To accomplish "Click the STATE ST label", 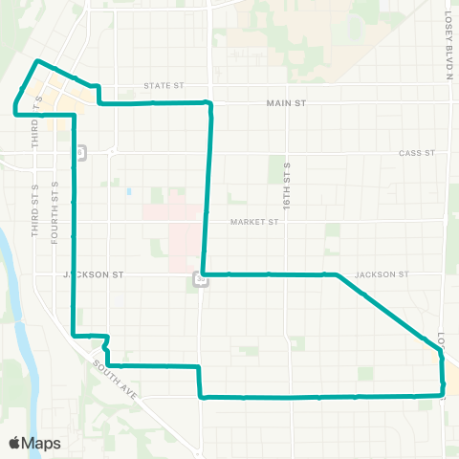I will [x=164, y=86].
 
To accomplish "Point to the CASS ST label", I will [x=417, y=153].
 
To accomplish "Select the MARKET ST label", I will [x=253, y=222].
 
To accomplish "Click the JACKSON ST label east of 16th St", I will [x=382, y=274].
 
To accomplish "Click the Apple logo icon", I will [x=16, y=443].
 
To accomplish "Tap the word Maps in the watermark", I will [x=43, y=444].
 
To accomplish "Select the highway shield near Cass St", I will [x=82, y=152].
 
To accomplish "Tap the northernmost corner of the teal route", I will [x=37, y=61].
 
